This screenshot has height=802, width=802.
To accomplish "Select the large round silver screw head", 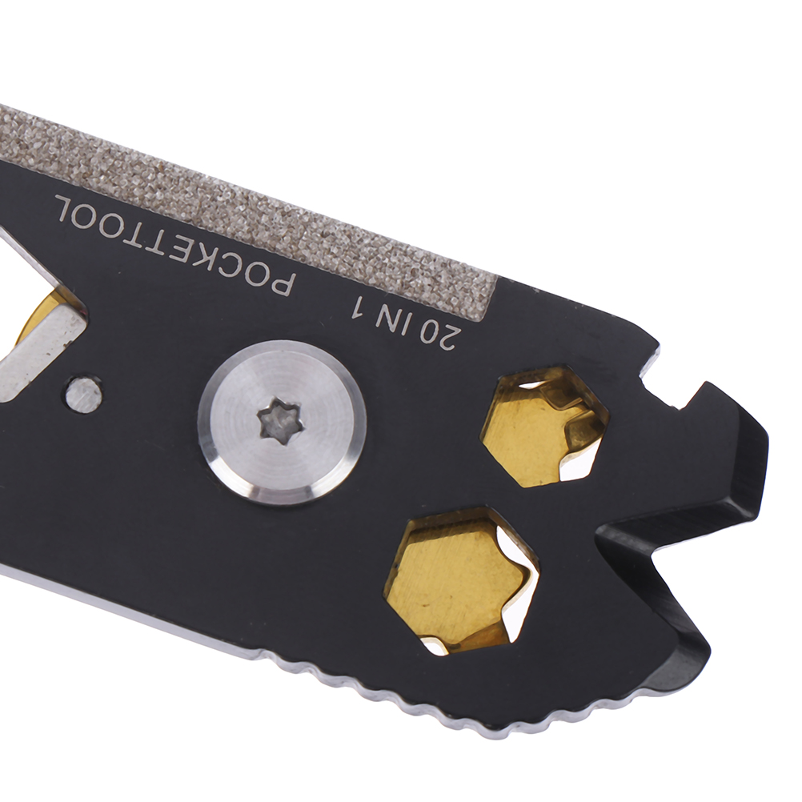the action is [283, 420].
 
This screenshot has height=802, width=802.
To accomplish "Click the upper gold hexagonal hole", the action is [545, 426].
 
